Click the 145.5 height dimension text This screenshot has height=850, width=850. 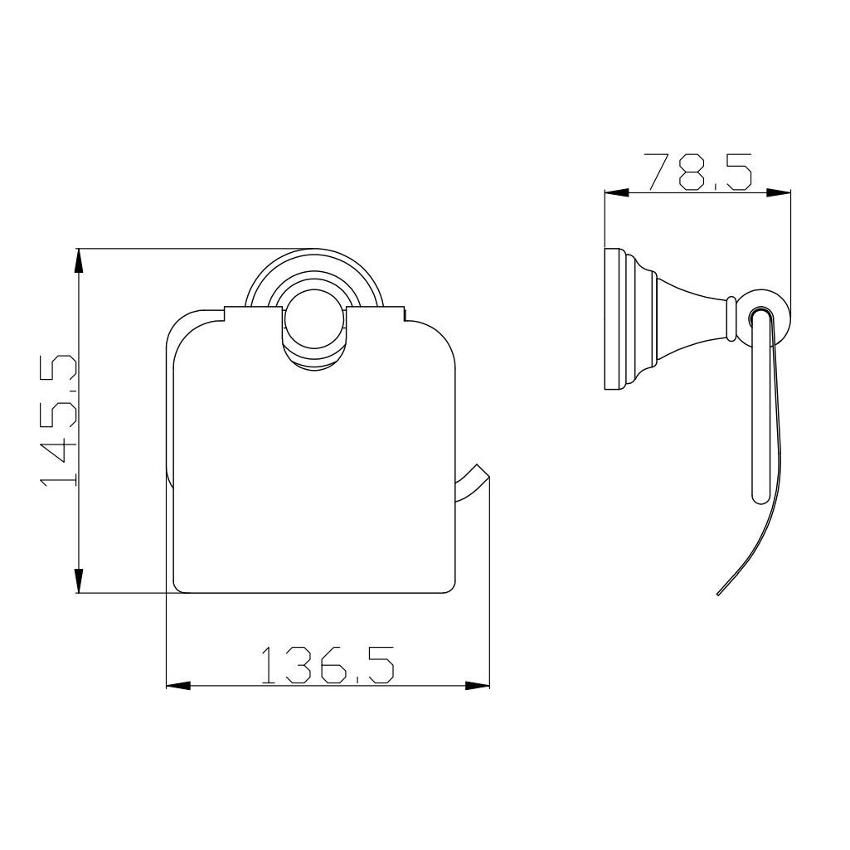58,421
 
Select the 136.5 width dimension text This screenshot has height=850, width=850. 328,664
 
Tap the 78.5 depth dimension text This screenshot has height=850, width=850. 697,172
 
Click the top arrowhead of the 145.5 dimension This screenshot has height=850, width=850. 79,260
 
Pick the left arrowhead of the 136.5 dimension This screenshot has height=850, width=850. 178,686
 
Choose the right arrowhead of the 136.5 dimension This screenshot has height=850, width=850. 477,686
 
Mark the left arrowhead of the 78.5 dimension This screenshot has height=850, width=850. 616,192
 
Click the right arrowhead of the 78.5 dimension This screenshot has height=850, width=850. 779,192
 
